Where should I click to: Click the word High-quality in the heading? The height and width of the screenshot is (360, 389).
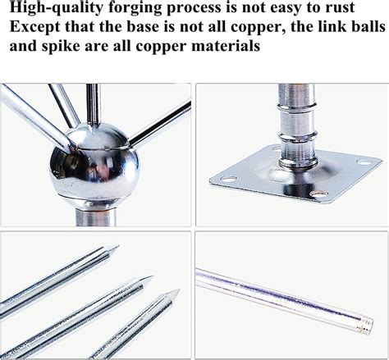(56, 7)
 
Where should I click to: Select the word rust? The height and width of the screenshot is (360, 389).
(340, 7)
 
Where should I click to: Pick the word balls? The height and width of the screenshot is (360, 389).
(364, 26)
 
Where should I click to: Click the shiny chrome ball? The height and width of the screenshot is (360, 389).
(94, 165)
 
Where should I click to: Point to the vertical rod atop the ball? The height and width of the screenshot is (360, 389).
(94, 105)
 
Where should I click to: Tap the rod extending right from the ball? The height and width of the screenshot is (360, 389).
(160, 123)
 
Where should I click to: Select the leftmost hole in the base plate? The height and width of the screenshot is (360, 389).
(228, 180)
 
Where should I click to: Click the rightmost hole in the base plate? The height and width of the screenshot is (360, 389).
(364, 162)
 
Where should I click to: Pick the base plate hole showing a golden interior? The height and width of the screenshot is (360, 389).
(318, 195)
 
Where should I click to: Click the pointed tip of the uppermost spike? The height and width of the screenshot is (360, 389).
(118, 246)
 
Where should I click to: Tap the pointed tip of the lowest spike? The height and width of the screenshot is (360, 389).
(179, 289)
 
